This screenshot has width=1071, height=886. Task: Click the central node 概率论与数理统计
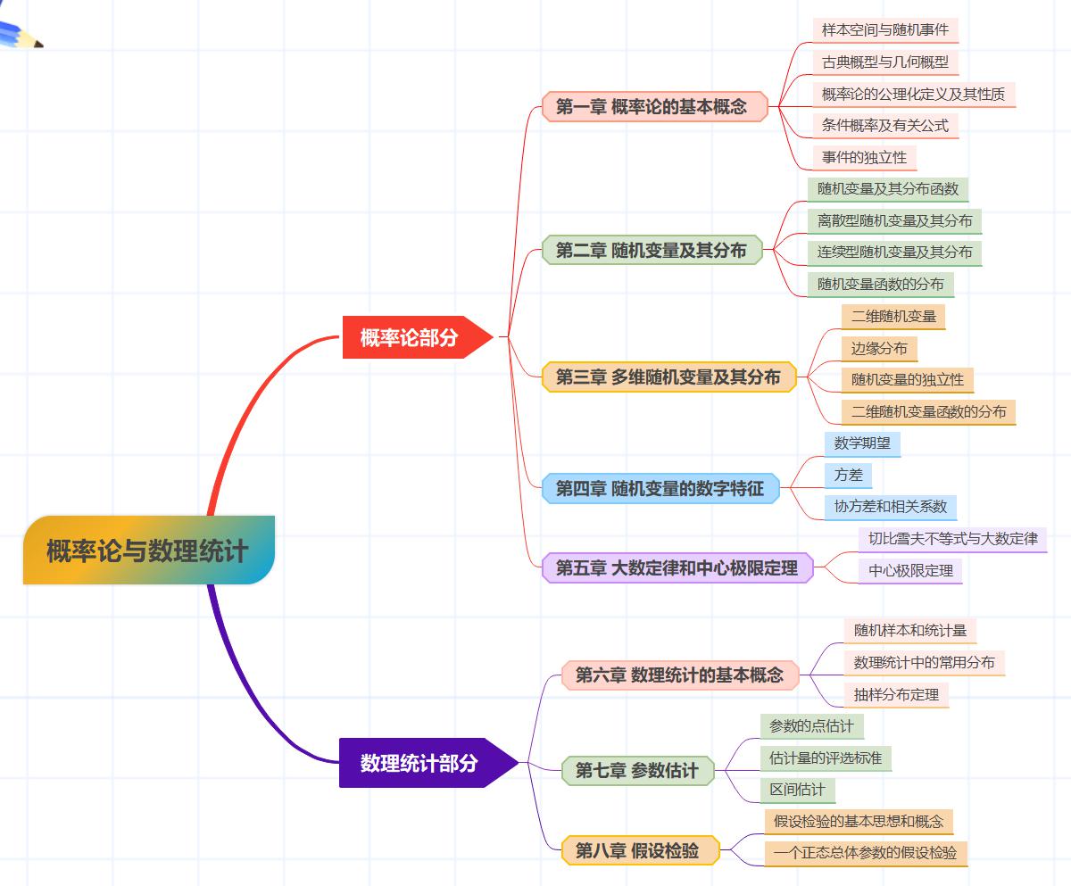point(148,550)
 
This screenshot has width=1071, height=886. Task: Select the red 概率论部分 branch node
point(411,337)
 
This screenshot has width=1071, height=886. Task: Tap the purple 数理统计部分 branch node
point(420,763)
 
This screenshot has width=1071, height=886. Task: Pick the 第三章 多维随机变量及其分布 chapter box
point(668,377)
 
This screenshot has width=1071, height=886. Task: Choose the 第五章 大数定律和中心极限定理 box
point(677,567)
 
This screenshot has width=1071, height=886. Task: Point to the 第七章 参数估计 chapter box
point(637,770)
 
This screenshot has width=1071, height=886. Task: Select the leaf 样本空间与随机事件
point(884,29)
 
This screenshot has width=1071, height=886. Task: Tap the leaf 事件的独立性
point(864,157)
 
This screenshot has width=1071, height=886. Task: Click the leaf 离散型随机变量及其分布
point(894,220)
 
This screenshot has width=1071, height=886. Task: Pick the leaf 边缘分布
point(879,348)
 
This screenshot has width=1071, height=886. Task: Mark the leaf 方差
point(848,475)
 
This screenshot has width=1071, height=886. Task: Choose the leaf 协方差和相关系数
point(890,506)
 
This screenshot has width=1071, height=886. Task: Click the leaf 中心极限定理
point(910,570)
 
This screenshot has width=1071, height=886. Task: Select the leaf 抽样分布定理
point(896,694)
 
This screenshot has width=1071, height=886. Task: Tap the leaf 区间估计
point(798,790)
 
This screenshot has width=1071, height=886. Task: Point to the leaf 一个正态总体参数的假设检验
point(866,852)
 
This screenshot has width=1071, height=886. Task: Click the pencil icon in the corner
point(20,34)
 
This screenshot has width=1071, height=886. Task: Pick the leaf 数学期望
point(861,443)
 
